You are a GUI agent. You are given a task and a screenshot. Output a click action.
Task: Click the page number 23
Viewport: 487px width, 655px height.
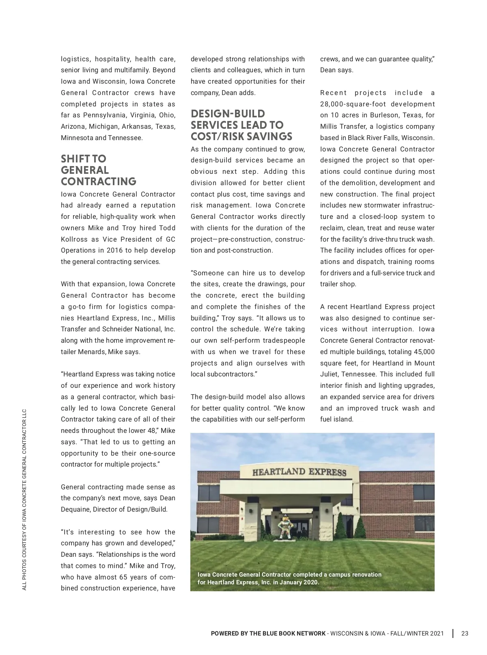(x=465, y=633)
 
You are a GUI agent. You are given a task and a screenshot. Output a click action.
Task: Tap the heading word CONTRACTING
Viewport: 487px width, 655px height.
(x=99, y=182)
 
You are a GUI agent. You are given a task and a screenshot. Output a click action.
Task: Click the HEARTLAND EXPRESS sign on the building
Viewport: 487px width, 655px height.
(x=299, y=472)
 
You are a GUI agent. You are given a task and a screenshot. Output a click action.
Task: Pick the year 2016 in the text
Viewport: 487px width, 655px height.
(x=115, y=251)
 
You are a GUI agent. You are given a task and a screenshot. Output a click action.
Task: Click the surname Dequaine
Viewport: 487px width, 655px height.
(x=76, y=509)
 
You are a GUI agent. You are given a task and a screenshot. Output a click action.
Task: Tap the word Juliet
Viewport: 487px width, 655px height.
(x=330, y=374)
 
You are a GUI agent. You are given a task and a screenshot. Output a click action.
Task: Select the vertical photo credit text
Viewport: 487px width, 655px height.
(x=24, y=499)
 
